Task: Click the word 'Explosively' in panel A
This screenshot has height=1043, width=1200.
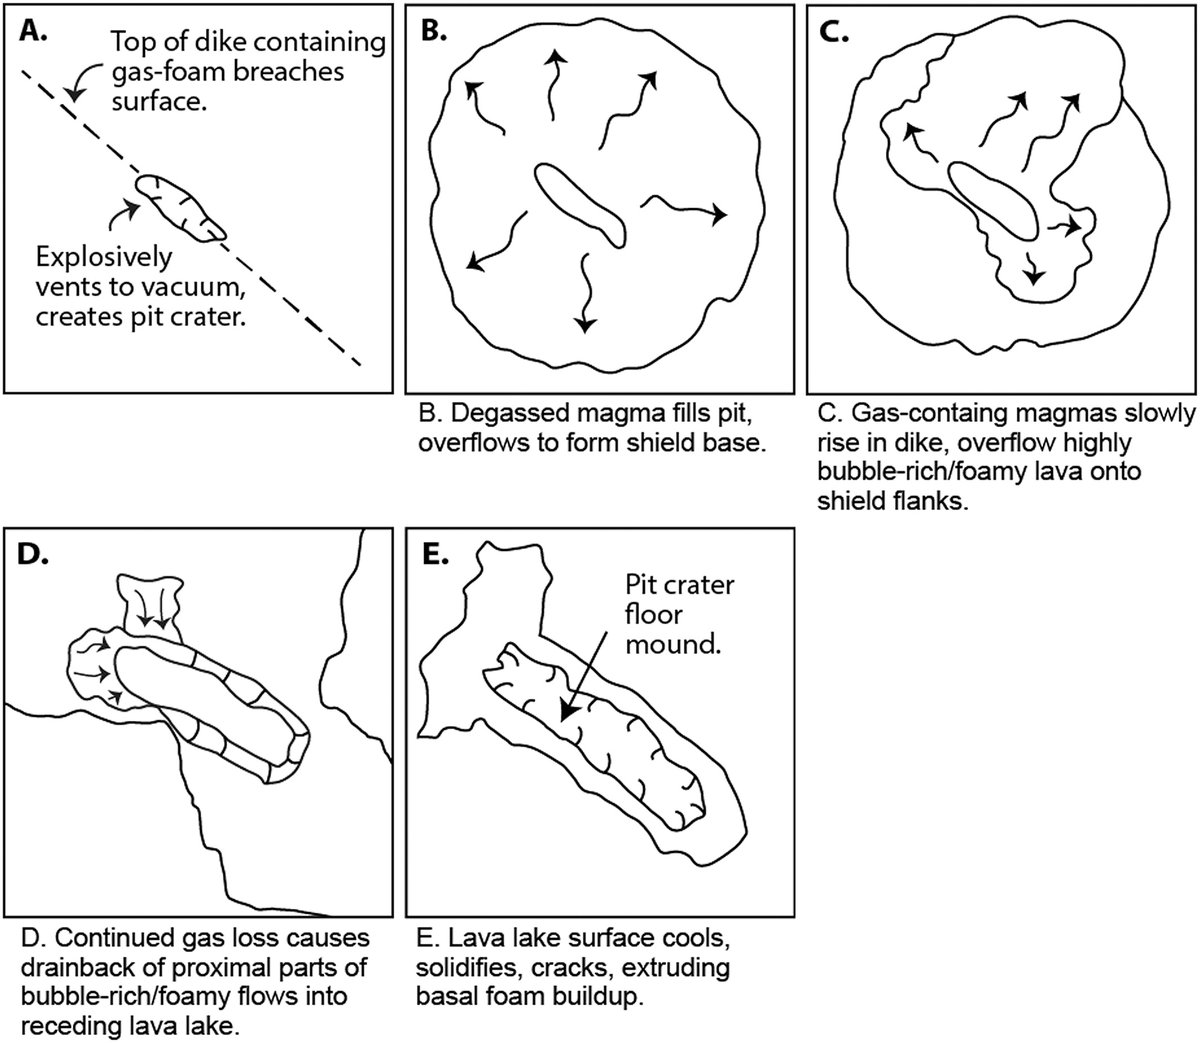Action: click(x=103, y=257)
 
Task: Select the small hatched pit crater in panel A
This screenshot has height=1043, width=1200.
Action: click(x=180, y=208)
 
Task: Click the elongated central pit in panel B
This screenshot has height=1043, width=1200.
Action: click(x=579, y=203)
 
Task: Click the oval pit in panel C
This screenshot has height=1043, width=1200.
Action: click(x=993, y=203)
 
